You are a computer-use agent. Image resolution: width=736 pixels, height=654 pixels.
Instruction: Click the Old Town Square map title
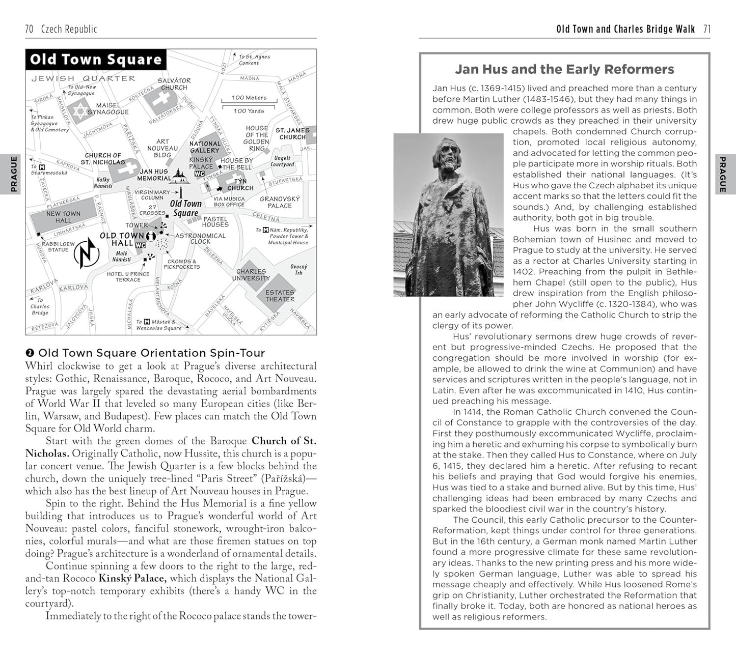coord(95,60)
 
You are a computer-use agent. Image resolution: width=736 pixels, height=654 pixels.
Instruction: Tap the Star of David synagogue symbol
coord(79,113)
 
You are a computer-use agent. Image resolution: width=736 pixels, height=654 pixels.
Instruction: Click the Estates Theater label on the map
coord(280,296)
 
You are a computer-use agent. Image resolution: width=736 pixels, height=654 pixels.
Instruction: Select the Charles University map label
coord(251,275)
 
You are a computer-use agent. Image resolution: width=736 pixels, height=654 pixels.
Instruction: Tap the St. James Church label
coord(292,133)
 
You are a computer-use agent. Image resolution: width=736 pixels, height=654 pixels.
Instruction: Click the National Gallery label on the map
coord(205,147)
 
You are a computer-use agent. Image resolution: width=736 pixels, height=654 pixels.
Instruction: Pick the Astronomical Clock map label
coord(200,238)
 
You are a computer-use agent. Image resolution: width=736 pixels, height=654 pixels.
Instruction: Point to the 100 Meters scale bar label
coord(249,97)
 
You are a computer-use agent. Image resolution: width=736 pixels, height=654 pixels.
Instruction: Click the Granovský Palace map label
coord(280,202)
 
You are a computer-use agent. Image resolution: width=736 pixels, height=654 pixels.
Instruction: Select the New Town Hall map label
coord(63,217)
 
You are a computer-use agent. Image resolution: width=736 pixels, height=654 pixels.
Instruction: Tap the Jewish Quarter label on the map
coord(84,78)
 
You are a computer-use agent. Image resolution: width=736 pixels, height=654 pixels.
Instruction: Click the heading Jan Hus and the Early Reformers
coord(564,69)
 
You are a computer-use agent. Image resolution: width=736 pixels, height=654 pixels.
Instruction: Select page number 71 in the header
coord(706,29)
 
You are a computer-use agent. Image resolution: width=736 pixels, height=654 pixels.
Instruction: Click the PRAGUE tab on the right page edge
coord(722,174)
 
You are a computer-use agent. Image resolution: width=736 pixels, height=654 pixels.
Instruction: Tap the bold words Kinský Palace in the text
coord(132,578)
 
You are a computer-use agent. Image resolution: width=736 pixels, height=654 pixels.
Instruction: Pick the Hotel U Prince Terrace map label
coord(128,276)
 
